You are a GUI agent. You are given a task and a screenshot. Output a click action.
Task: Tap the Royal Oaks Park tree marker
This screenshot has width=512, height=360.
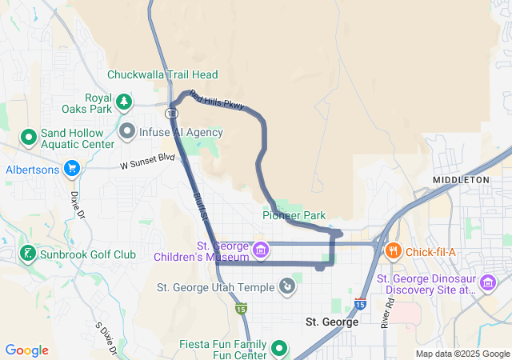point(123,101)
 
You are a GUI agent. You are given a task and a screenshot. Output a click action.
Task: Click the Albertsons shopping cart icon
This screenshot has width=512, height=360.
point(72,168)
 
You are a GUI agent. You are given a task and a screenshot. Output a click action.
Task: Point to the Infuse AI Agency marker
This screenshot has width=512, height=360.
point(127,130)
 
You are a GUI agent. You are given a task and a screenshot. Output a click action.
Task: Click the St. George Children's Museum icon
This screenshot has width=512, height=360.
point(260,250)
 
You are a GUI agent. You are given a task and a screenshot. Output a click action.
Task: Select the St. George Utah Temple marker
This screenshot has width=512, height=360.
point(288,286)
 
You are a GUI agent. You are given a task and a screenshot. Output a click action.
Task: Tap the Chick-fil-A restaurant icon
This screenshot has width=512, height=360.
point(394,252)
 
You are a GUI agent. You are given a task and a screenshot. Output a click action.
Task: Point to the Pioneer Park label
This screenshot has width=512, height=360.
point(294,215)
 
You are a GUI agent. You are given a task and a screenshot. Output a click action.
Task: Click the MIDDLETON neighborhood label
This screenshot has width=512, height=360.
point(461,180)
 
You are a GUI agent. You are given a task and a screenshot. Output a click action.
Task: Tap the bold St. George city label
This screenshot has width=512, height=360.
point(333,321)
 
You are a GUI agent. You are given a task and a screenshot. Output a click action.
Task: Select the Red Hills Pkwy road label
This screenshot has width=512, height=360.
point(216,100)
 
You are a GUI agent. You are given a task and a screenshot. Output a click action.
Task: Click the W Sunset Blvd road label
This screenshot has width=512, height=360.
point(147,162)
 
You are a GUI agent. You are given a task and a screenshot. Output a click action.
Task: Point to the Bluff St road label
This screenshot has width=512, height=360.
point(200,205)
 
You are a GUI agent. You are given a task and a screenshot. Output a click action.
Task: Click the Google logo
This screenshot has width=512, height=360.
point(26,350)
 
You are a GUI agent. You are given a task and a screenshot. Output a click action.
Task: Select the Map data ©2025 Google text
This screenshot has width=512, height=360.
point(462,354)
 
